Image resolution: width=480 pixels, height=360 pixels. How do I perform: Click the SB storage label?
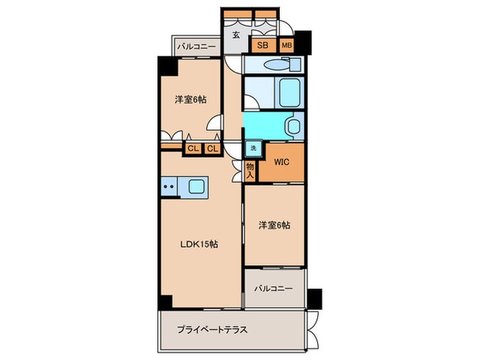tap(263, 45)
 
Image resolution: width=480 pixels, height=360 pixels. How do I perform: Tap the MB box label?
tap(286, 45)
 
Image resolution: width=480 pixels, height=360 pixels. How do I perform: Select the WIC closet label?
tap(282, 162)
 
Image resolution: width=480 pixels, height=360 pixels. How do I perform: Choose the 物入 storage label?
tap(250, 170)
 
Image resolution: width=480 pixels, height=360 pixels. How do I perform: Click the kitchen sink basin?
tap(197, 186)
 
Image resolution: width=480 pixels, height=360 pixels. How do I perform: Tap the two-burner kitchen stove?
tap(169, 186)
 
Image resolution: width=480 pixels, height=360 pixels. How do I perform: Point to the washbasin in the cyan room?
tap(293, 126)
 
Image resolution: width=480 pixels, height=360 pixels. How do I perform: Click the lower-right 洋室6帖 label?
tap(274, 225)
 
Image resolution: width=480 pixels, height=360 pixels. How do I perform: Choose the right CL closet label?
tap(213, 148)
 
